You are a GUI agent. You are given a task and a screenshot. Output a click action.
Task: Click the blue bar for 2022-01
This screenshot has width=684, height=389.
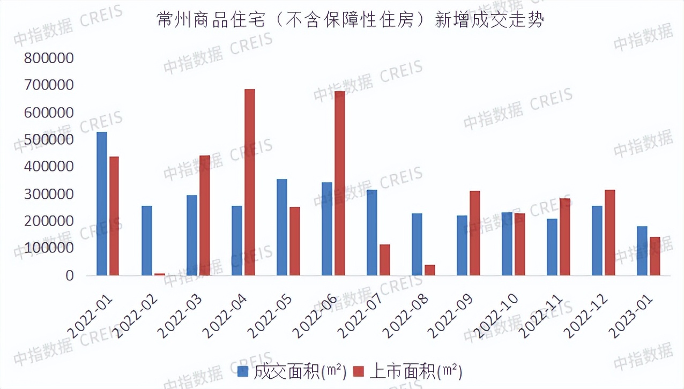[102, 204]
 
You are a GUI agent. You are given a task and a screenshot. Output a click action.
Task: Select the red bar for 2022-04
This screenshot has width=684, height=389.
[250, 182]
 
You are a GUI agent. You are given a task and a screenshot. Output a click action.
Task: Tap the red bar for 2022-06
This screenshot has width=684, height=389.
[340, 183]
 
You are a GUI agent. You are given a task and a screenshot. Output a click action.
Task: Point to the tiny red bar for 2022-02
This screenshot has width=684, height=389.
[160, 274]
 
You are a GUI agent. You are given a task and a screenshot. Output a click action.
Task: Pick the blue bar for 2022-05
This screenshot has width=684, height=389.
[282, 227]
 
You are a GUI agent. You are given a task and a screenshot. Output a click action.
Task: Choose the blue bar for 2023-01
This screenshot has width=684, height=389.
[642, 251]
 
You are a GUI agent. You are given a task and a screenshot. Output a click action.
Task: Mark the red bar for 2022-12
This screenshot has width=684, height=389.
[610, 233]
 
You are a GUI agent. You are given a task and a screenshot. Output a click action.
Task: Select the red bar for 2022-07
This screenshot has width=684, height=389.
[385, 260]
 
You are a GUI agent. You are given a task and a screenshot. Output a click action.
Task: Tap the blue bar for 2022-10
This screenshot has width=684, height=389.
[507, 244]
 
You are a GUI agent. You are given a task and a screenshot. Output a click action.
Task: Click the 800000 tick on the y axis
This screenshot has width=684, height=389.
[48, 58]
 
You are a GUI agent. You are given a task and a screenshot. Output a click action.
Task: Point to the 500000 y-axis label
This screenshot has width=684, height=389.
[48, 140]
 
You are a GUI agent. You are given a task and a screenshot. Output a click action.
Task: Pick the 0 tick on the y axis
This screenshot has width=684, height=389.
[69, 275]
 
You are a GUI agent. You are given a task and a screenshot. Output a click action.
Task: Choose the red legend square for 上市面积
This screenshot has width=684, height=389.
[359, 371]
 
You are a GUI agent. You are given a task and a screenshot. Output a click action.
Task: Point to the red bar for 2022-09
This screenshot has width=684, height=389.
[475, 233]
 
